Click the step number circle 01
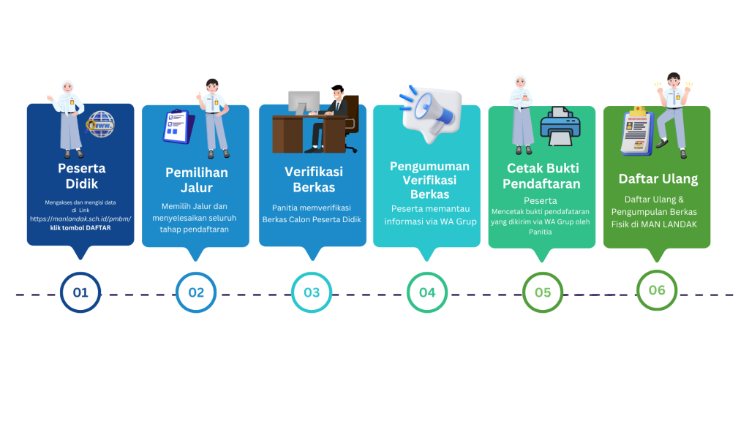click(80, 292)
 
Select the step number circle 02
click(196, 292)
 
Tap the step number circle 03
click(312, 292)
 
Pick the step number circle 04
click(427, 292)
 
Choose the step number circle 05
click(543, 292)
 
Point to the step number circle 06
click(657, 290)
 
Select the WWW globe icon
click(100, 125)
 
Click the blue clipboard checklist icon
click(178, 126)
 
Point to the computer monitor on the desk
click(304, 102)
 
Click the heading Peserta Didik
click(81, 175)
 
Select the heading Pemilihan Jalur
click(196, 180)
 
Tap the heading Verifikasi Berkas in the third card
click(313, 179)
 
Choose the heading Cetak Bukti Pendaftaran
click(543, 175)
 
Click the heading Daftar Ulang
click(658, 178)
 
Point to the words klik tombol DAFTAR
click(80, 228)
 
